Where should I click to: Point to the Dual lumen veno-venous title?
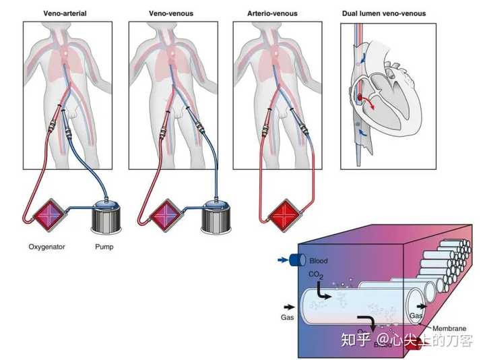pos(384,13)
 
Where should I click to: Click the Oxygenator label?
pos(46,247)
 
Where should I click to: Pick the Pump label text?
pos(104,247)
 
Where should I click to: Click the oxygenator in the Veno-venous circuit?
pos(157,218)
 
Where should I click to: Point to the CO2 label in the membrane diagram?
pos(315,274)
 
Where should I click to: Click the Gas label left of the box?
pos(288,316)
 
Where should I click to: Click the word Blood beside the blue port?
pos(318,260)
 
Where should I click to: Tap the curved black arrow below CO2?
pos(323,294)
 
